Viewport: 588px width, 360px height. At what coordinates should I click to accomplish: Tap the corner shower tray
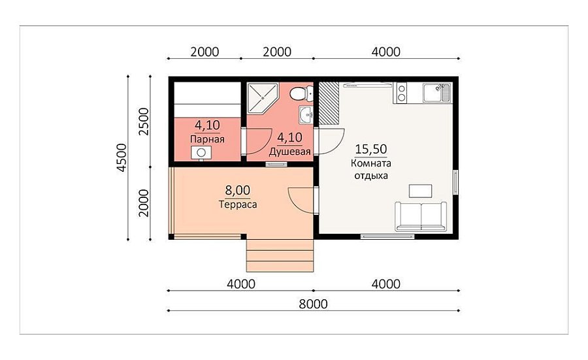pos(262,97)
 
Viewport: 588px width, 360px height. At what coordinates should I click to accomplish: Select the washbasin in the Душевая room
pos(306,114)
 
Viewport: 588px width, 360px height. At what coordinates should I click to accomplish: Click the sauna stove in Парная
pos(201,153)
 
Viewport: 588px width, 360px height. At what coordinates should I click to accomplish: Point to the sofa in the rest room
pos(421,216)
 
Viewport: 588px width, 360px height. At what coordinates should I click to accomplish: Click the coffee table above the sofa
pos(420,191)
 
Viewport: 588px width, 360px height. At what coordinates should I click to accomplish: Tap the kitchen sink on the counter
pos(436,93)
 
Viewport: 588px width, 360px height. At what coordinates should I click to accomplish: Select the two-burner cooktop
pos(401,93)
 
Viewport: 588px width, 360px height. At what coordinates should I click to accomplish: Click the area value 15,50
pos(371,149)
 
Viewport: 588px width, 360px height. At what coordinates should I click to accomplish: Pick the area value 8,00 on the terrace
pos(237,191)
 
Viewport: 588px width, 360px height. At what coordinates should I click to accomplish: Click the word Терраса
pos(238,205)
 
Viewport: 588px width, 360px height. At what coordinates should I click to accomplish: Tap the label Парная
pos(207,139)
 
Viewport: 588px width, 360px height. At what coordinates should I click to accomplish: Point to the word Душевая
pos(290,152)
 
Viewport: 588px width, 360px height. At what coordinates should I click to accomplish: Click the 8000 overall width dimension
pos(313,304)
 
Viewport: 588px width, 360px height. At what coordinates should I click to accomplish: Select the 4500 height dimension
pos(122,157)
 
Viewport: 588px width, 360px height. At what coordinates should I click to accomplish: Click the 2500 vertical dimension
pos(144,122)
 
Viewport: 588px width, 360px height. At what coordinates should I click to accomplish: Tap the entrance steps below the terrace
pos(280,255)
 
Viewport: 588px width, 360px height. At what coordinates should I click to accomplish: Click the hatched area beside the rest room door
pos(329,103)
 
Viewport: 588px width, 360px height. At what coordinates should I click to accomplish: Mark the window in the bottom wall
pos(387,237)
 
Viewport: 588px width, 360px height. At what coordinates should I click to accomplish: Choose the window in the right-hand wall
pos(455,182)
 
